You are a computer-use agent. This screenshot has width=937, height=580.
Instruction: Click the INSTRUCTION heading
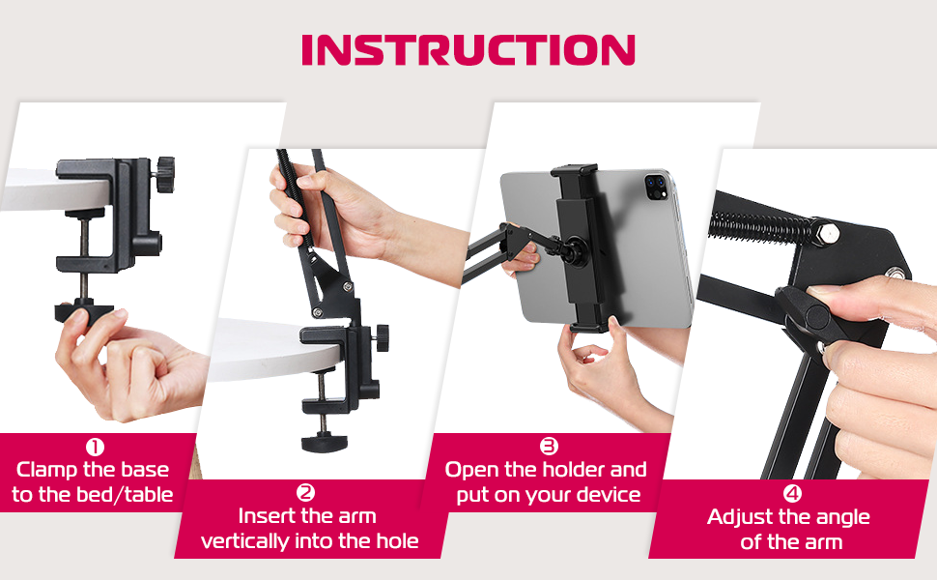pyautogui.click(x=468, y=49)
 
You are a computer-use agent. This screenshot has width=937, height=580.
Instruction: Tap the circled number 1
pyautogui.click(x=95, y=447)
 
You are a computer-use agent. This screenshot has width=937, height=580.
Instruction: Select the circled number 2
pyautogui.click(x=306, y=493)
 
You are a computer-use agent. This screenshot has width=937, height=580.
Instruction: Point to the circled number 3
pyautogui.click(x=549, y=446)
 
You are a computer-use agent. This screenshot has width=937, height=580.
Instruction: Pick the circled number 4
pyautogui.click(x=792, y=493)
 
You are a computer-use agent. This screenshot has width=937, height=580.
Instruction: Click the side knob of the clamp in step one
pyautogui.click(x=164, y=174)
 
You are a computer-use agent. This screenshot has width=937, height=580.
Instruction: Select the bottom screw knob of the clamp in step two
pyautogui.click(x=324, y=443)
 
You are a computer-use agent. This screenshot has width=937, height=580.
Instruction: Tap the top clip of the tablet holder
pyautogui.click(x=574, y=171)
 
